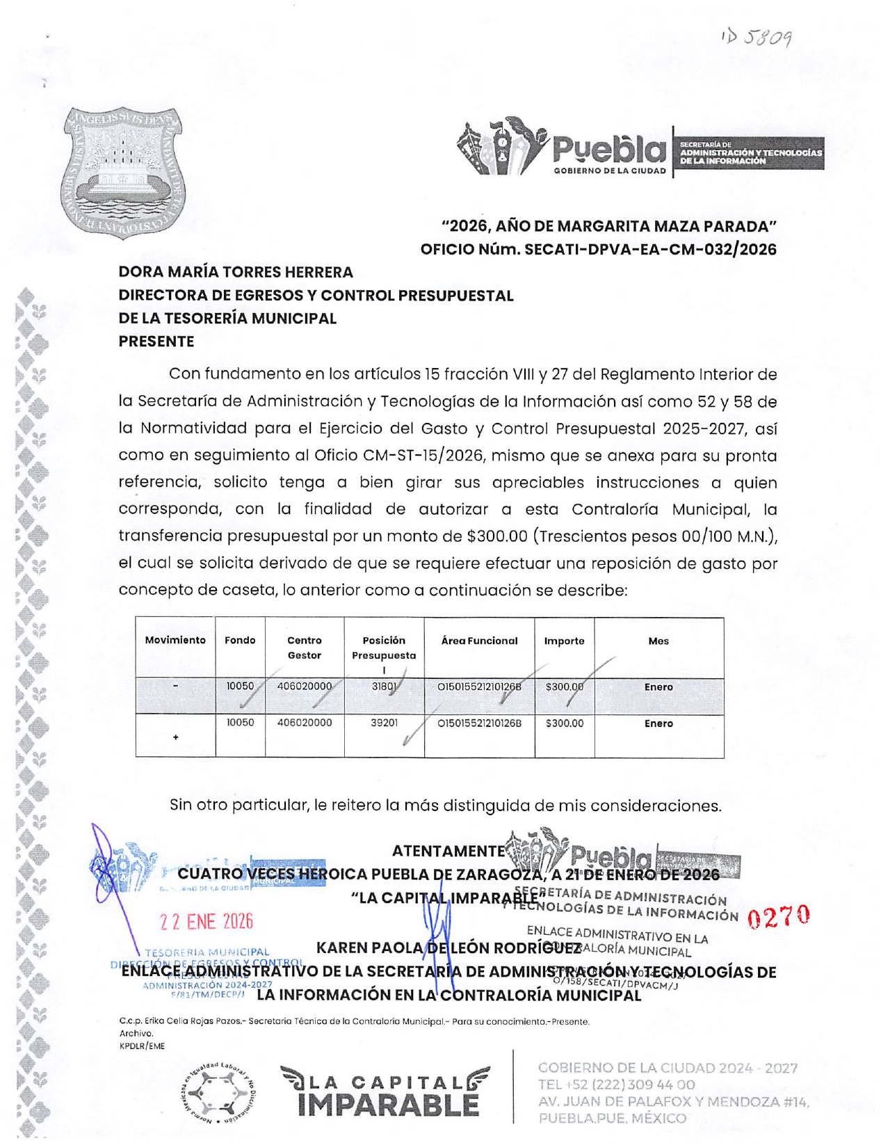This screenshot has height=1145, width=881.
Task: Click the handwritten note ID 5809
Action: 757,38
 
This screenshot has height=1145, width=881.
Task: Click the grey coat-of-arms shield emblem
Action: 122,172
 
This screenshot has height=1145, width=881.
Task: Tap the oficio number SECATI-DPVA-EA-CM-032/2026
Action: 650,249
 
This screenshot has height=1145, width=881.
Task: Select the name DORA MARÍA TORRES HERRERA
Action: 236,272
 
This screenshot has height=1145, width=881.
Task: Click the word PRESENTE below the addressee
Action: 156,342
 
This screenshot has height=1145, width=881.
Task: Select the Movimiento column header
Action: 175,641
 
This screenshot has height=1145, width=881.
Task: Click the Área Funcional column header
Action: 479,641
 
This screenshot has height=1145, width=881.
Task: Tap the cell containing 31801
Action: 384,687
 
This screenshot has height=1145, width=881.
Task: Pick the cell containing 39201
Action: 384,723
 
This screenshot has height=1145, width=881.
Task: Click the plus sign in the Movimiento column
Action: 175,737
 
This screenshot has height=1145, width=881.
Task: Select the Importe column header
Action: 564,641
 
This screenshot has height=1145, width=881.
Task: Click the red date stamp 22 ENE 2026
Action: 207,922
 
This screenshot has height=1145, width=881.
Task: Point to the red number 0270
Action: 779,917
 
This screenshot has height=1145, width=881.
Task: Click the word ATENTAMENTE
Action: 448,851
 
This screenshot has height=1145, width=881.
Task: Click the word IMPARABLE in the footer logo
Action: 388,1104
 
